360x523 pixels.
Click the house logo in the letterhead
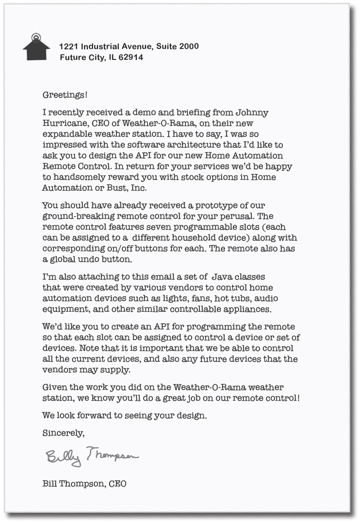(x=36, y=48)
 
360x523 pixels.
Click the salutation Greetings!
(x=65, y=94)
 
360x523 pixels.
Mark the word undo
(x=88, y=259)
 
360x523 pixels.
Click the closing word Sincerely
(x=63, y=433)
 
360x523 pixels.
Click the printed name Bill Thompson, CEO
(x=84, y=484)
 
